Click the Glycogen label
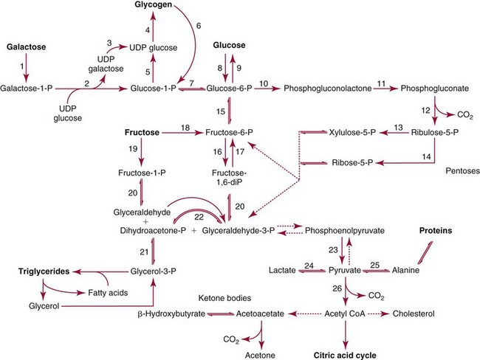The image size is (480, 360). [153, 6]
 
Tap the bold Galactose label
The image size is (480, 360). [27, 46]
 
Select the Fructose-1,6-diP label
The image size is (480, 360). [229, 179]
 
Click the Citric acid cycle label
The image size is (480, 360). [346, 353]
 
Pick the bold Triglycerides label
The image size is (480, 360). [33, 271]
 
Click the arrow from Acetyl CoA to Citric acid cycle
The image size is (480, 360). [346, 332]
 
